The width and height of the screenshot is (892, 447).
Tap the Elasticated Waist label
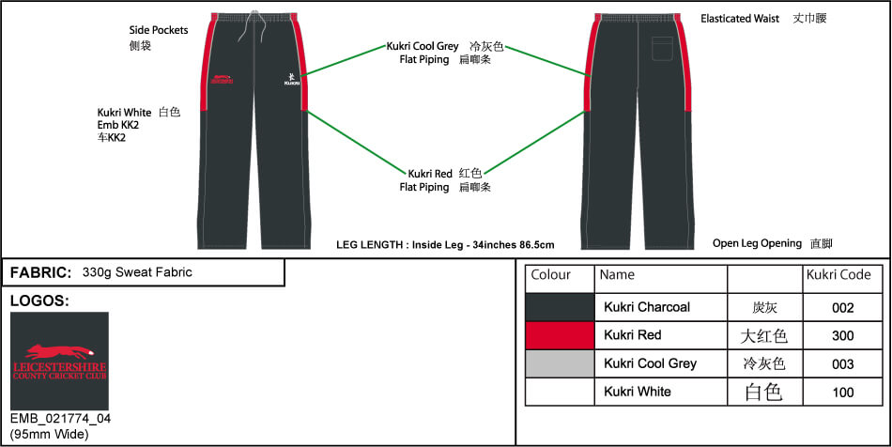pyautogui.click(x=740, y=18)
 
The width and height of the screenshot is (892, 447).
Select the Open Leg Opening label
pyautogui.click(x=757, y=243)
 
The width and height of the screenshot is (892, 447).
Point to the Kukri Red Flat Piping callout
pyautogui.click(x=444, y=179)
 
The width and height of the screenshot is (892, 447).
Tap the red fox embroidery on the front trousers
pyautogui.click(x=222, y=79)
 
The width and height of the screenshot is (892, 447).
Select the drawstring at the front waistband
pyautogui.click(x=251, y=28)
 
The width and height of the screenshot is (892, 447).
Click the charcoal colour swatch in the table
pyautogui.click(x=560, y=307)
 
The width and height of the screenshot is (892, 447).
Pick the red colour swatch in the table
pyautogui.click(x=560, y=335)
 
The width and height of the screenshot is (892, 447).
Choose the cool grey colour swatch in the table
pyautogui.click(x=560, y=363)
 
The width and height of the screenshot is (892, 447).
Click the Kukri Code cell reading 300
pyautogui.click(x=842, y=335)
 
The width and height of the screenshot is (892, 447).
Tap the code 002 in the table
pyautogui.click(x=842, y=307)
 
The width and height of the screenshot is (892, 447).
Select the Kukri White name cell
pyautogui.click(x=638, y=392)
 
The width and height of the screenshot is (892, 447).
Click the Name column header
pyautogui.click(x=617, y=275)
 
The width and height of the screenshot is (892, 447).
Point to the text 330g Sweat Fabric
pyautogui.click(x=137, y=272)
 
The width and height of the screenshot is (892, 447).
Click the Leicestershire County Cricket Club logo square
pyautogui.click(x=59, y=361)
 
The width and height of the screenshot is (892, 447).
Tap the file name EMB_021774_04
pyautogui.click(x=60, y=419)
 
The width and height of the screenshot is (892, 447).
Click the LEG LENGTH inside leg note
pyautogui.click(x=445, y=245)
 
